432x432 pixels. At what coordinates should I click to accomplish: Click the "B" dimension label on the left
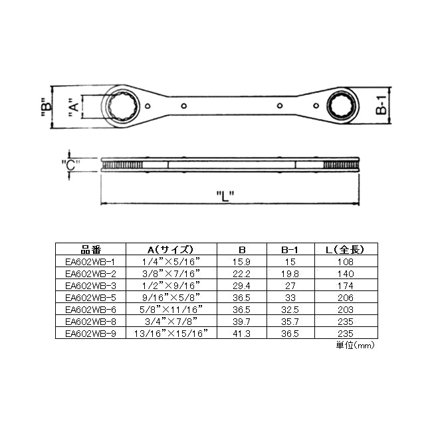(x=47, y=107)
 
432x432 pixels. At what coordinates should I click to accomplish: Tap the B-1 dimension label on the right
(x=381, y=105)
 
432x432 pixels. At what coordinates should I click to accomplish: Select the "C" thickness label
(x=70, y=165)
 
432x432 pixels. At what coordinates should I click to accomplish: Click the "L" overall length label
(x=225, y=196)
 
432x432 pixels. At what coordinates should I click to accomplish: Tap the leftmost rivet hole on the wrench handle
(x=148, y=106)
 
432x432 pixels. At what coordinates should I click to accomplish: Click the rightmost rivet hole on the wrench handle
(x=316, y=106)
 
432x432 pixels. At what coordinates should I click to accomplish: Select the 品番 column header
(x=90, y=250)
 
